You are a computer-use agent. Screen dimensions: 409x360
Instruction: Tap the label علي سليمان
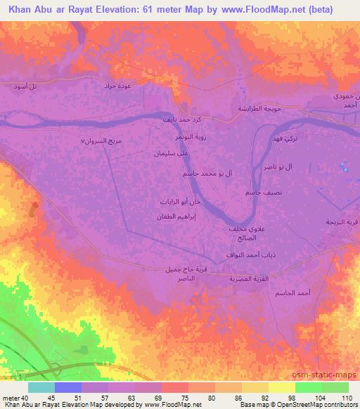173,152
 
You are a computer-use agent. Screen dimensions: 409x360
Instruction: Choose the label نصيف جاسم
250,192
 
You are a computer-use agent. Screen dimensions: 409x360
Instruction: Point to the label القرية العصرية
245,279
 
